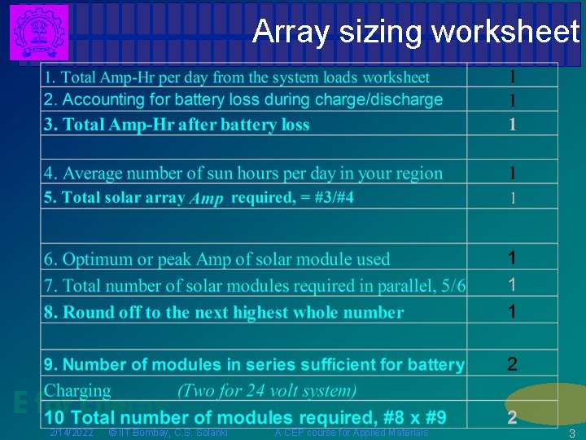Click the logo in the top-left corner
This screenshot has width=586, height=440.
(x=39, y=32)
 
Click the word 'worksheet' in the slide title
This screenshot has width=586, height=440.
(x=505, y=32)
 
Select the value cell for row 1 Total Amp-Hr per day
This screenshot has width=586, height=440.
(x=512, y=77)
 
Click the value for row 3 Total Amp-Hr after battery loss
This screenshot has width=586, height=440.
(x=512, y=125)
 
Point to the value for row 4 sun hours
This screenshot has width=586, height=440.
(x=512, y=173)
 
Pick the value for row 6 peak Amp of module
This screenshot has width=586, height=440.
(x=512, y=258)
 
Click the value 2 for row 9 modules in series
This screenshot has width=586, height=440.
(x=512, y=364)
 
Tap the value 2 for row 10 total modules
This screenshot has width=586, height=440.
(x=512, y=418)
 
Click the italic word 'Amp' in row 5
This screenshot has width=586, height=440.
(x=206, y=200)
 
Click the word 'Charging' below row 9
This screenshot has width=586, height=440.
(x=77, y=390)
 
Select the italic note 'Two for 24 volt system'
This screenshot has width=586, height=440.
(x=267, y=390)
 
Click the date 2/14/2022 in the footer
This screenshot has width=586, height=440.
(x=72, y=432)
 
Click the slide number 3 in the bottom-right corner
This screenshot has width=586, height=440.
(x=572, y=433)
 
